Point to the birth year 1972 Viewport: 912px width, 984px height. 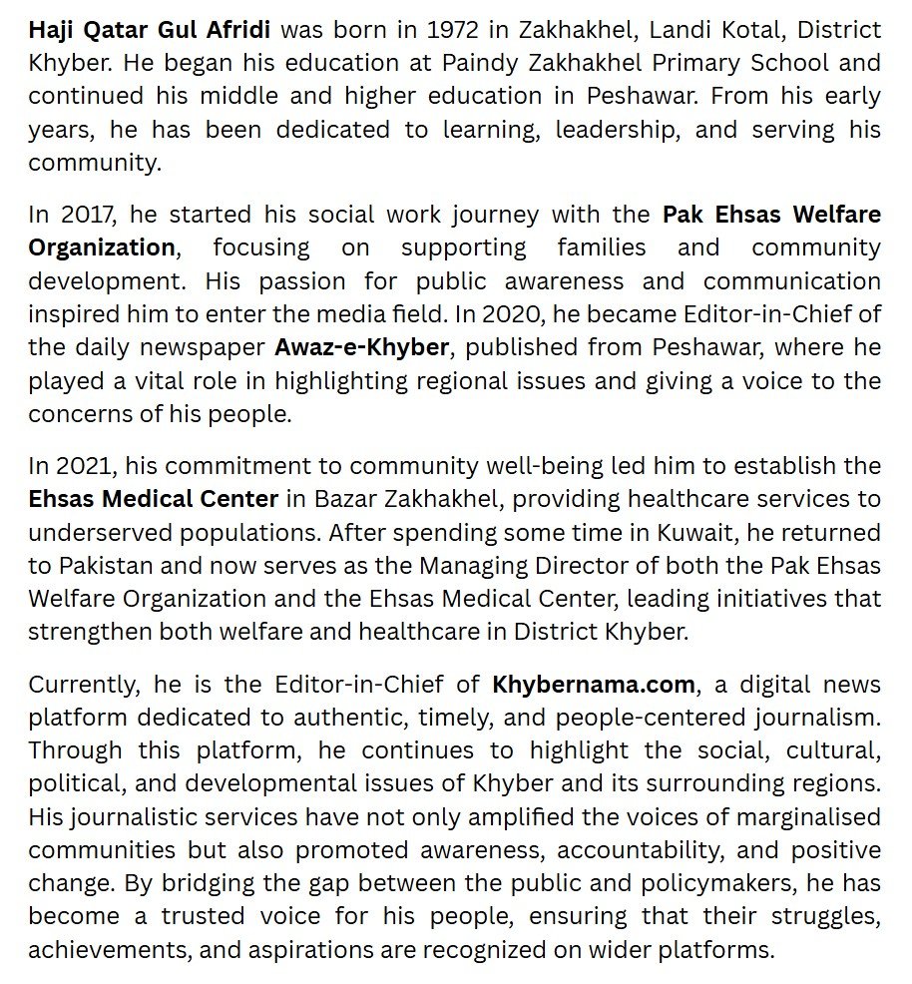451,30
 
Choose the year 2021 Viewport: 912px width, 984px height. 81,465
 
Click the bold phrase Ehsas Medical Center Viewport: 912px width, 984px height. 153,498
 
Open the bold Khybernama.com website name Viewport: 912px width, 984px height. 594,684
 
